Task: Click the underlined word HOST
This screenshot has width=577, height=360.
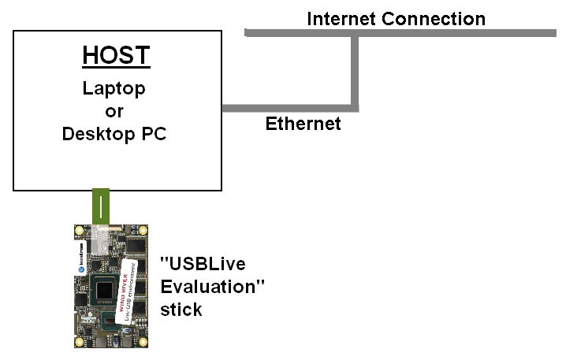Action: tap(116, 57)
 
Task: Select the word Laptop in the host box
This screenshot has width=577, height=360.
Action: tap(114, 88)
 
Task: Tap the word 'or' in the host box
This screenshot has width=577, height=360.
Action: tap(114, 111)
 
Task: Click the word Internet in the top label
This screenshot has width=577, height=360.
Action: tap(341, 18)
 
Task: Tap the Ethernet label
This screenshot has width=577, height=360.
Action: tap(303, 124)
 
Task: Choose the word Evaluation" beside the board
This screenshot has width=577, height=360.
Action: tap(212, 287)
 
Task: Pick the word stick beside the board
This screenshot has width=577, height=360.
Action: tap(181, 310)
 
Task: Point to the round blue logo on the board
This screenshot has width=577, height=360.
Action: tap(80, 268)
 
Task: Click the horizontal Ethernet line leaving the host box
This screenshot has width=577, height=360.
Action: tap(288, 107)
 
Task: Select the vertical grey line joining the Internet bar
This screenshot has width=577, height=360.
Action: tap(356, 71)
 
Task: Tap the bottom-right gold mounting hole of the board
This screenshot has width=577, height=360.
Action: tap(143, 343)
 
